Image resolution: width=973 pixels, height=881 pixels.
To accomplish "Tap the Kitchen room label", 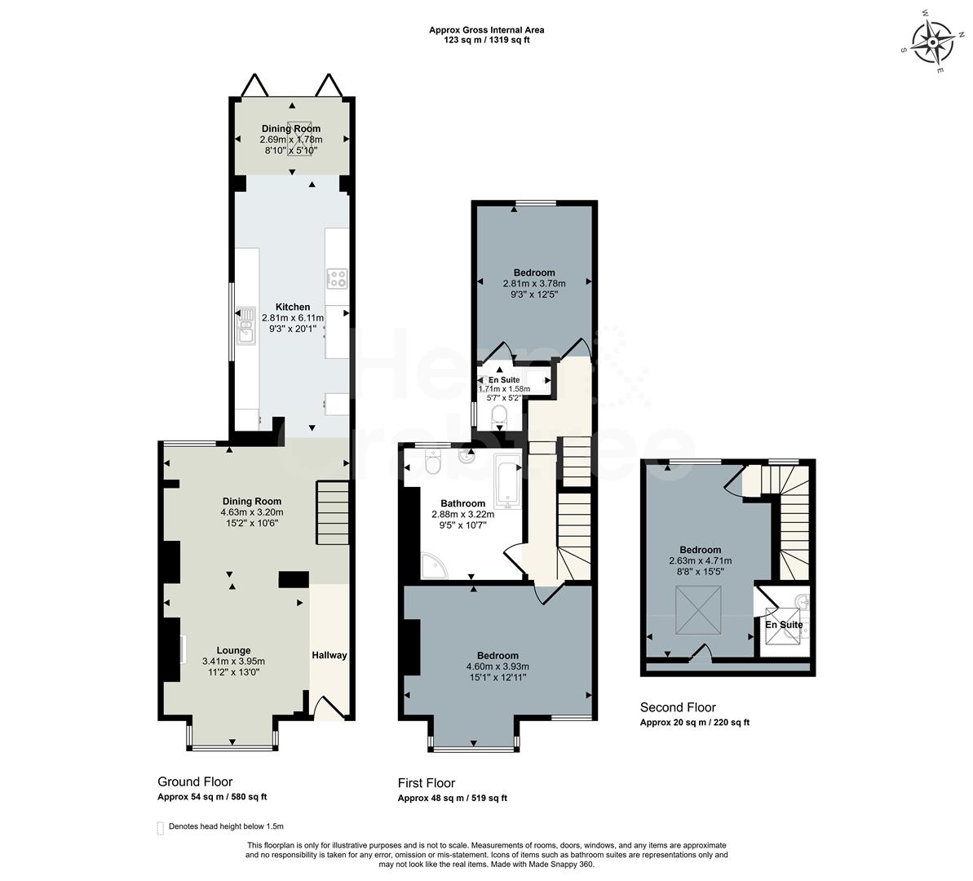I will pos(292,307).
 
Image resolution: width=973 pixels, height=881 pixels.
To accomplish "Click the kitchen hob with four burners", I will pos(337,278).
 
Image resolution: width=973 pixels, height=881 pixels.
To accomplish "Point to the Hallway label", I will pos(329,655).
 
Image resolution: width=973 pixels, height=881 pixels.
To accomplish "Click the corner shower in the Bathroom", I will pos(432,564).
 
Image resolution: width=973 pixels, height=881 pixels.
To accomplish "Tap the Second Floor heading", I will pos(678,707).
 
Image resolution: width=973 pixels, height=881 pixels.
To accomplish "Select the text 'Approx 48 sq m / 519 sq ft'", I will pos(452,799).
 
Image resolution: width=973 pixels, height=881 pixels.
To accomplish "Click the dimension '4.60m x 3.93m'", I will pos(498,666).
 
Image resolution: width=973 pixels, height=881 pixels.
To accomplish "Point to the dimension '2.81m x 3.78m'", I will pos(534,284).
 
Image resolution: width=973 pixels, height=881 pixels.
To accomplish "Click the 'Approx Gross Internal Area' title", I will pos(487,30).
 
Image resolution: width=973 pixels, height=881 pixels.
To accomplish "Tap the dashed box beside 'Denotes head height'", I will pos(161,826).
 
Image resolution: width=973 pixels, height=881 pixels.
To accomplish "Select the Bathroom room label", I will pos(462,503).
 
